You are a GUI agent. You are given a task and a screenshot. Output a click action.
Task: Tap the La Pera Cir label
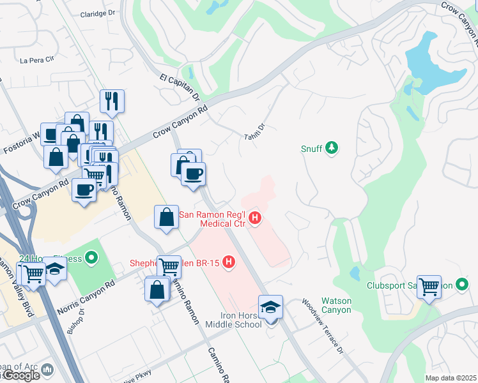(x=35, y=61)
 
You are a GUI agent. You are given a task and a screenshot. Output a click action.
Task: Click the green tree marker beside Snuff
(x=331, y=149)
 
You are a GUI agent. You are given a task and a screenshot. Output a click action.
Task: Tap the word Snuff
(x=312, y=149)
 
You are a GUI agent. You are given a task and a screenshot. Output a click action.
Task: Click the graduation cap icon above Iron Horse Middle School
(x=270, y=306)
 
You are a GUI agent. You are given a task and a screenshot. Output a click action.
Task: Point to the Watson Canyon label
(x=335, y=306)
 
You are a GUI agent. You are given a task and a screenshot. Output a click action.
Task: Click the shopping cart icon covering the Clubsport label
(x=429, y=286)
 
